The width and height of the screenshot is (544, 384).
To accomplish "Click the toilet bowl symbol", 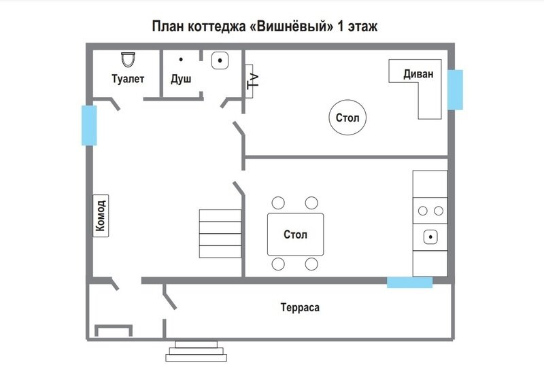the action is pyautogui.click(x=128, y=59).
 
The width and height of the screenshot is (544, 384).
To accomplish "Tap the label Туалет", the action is pyautogui.click(x=128, y=79).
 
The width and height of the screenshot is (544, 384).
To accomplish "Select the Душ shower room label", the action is pyautogui.click(x=181, y=79).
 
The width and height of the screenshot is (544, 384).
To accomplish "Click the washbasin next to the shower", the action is pyautogui.click(x=220, y=60).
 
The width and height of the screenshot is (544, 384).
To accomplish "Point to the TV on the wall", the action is pyautogui.click(x=250, y=81).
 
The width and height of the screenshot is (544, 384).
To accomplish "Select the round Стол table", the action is pyautogui.click(x=347, y=118).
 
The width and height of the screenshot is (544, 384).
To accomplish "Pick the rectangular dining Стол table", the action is pyautogui.click(x=295, y=234).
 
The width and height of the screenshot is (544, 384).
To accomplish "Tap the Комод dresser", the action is pyautogui.click(x=101, y=215).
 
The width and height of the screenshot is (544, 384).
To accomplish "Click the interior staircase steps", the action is pyautogui.click(x=220, y=234).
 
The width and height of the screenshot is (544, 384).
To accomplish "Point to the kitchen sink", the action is pyautogui.click(x=430, y=237).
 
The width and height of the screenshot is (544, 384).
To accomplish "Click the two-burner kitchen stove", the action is pyautogui.click(x=430, y=211).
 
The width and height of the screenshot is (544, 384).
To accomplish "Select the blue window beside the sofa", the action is pyautogui.click(x=455, y=90).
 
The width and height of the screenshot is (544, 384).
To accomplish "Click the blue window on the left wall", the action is pyautogui.click(x=89, y=125).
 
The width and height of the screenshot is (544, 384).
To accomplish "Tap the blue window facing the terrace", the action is pyautogui.click(x=410, y=282).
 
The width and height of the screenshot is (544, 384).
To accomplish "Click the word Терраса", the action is pyautogui.click(x=300, y=307).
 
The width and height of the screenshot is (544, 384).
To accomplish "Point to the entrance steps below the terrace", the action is pyautogui.click(x=197, y=351).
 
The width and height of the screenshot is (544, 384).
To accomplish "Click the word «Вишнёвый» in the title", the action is pyautogui.click(x=292, y=27).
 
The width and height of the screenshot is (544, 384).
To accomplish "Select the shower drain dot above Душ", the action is pyautogui.click(x=181, y=60).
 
